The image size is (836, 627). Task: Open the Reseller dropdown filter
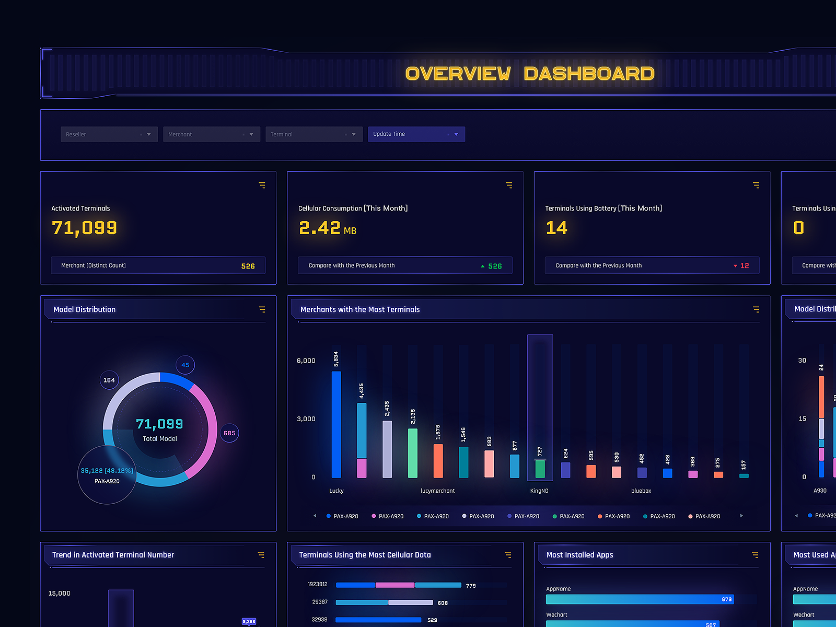tap(109, 134)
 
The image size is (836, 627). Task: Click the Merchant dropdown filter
tap(211, 134)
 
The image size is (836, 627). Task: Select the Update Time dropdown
tap(416, 134)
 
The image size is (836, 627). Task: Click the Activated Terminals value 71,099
tap(84, 228)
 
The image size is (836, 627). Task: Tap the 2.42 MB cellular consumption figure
tap(327, 228)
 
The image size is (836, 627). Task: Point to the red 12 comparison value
tap(744, 266)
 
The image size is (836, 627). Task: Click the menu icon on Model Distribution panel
tap(262, 309)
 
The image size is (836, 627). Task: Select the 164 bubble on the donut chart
tap(109, 380)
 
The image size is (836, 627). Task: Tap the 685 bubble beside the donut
tap(229, 433)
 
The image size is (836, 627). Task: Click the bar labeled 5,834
tap(336, 424)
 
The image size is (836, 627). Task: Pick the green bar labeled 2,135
tap(413, 452)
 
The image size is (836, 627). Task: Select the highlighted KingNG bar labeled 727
tap(540, 468)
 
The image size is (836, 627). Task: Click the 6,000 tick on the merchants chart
tap(306, 361)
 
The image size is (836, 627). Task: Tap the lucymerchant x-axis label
tap(438, 491)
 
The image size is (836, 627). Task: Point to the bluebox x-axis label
tap(641, 491)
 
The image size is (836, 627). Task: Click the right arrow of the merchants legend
tap(741, 516)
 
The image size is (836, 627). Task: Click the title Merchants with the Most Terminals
tap(360, 309)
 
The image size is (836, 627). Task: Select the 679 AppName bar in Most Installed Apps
tap(640, 599)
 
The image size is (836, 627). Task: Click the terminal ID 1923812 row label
tap(318, 585)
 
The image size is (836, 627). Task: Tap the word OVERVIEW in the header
tap(458, 74)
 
